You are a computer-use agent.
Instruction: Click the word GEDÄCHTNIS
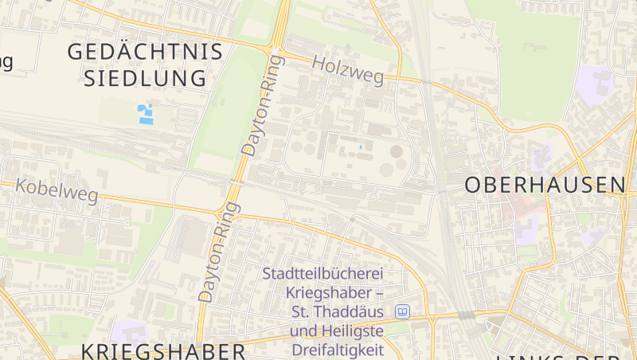(144, 52)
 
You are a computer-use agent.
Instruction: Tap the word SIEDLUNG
(145, 78)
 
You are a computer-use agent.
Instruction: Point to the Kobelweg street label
(57, 190)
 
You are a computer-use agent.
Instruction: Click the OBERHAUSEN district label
(545, 185)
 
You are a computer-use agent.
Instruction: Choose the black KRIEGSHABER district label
(163, 351)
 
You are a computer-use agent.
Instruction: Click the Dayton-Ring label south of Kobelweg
(218, 252)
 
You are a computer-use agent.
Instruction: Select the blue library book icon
(403, 311)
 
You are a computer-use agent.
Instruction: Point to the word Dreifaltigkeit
(338, 349)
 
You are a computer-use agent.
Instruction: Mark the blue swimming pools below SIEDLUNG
(145, 114)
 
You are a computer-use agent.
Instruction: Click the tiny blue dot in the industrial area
(360, 147)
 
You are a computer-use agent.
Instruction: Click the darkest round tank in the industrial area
(396, 151)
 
